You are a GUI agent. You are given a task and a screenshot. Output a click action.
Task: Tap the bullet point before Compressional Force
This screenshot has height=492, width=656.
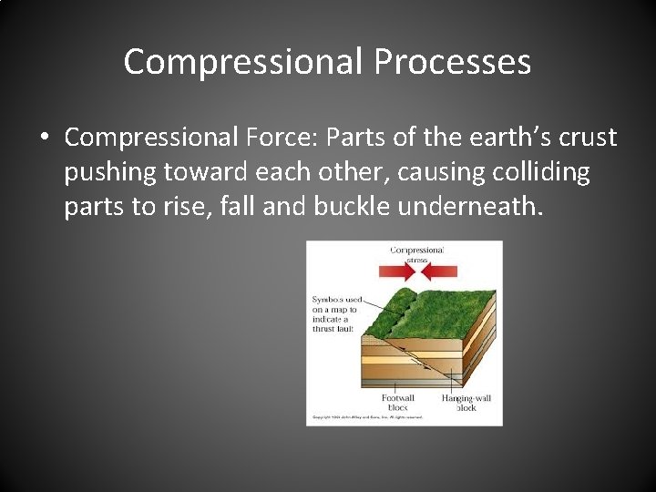(x=44, y=138)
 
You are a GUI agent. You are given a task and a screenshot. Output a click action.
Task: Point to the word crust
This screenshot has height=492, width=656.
(x=588, y=138)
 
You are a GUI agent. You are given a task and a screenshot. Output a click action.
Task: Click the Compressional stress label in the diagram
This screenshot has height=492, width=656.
(x=416, y=254)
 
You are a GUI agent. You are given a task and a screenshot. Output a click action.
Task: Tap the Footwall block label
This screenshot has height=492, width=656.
(x=398, y=403)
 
